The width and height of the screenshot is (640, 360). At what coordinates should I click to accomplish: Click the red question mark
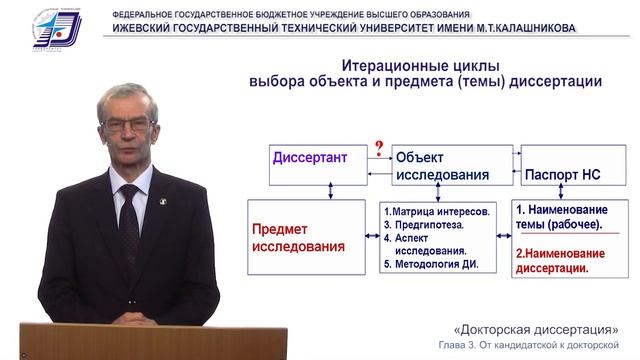pyautogui.click(x=378, y=150)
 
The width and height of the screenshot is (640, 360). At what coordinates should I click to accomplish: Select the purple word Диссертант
pyautogui.click(x=311, y=157)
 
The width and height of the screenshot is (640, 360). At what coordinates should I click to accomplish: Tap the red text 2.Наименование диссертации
pyautogui.click(x=564, y=259)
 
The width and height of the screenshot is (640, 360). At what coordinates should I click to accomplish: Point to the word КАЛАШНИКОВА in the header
pyautogui.click(x=527, y=28)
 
